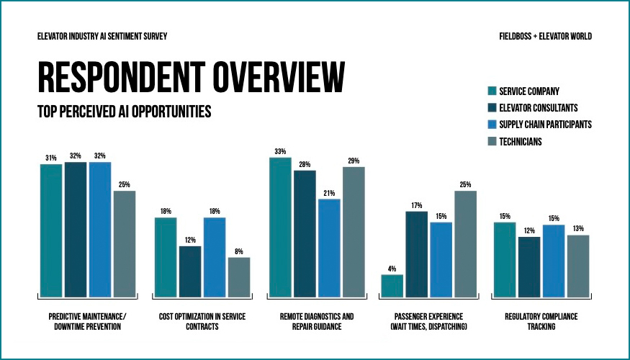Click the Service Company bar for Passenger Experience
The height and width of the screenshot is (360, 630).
(392, 286)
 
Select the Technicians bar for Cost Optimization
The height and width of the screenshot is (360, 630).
(239, 277)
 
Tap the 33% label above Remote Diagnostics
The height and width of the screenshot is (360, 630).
(280, 151)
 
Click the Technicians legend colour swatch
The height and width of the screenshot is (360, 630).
(492, 142)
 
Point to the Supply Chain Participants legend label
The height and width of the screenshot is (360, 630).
(545, 125)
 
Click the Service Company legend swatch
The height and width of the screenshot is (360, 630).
(492, 91)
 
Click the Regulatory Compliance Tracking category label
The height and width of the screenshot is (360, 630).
(541, 321)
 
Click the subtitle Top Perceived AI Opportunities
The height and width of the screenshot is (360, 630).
(124, 112)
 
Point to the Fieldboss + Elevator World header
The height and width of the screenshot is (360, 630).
(545, 36)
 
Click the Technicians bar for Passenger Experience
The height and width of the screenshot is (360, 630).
(465, 244)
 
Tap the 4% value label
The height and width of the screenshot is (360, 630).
(392, 269)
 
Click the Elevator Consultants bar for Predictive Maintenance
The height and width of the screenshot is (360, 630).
(76, 230)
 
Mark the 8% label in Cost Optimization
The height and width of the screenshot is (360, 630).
(239, 251)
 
